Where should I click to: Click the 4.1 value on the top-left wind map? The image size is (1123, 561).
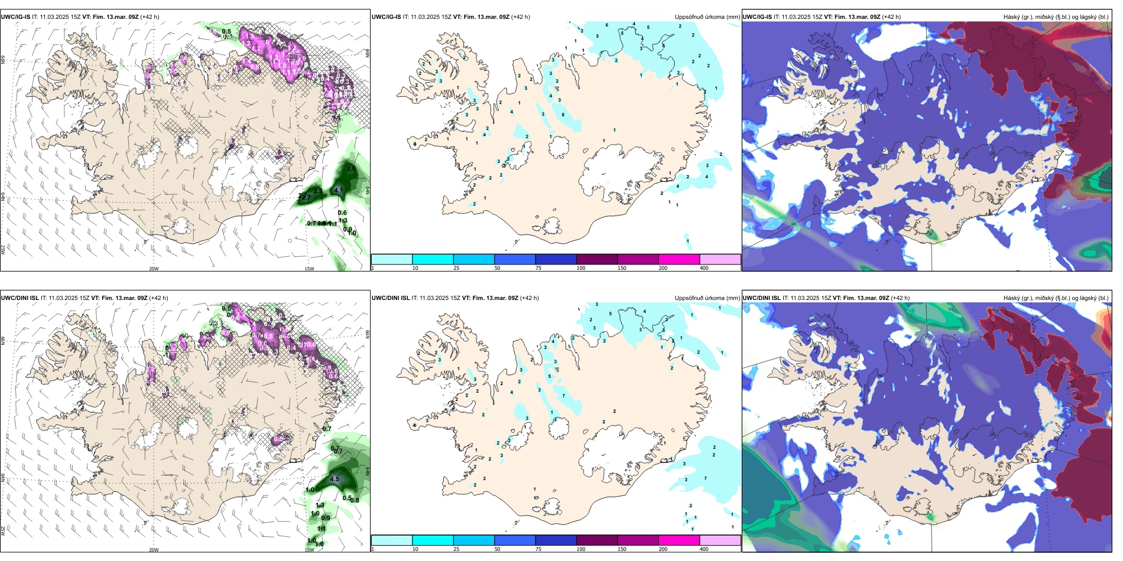(x=338, y=190)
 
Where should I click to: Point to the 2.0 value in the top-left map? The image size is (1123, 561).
(x=351, y=169)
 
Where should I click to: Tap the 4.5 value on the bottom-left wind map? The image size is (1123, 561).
(x=335, y=479)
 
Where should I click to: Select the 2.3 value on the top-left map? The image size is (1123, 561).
(x=318, y=191)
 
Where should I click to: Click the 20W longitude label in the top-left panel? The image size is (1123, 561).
(x=154, y=269)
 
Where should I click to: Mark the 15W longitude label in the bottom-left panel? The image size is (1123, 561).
(x=309, y=550)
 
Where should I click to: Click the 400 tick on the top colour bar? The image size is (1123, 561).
(x=704, y=268)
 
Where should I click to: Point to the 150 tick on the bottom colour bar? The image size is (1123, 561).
(x=622, y=549)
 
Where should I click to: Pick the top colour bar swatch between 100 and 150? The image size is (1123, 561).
(x=597, y=259)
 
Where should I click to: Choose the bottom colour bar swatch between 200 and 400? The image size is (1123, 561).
(x=720, y=540)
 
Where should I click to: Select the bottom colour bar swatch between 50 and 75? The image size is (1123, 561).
(x=515, y=540)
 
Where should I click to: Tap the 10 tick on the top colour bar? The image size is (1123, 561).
(x=416, y=268)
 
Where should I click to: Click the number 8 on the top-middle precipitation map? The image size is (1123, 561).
(x=563, y=115)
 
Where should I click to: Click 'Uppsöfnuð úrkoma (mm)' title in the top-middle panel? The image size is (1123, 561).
(x=707, y=17)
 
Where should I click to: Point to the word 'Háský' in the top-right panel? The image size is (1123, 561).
(x=1012, y=17)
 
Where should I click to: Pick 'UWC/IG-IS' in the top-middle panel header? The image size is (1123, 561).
(x=386, y=17)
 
